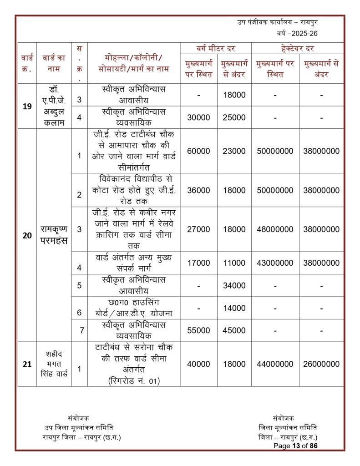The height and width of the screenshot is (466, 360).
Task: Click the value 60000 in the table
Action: (198, 151)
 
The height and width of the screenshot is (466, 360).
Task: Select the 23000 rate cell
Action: (234, 151)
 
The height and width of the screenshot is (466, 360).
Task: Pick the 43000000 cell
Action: (275, 263)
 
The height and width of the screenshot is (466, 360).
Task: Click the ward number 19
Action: (27, 106)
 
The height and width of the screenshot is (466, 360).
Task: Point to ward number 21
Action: (27, 364)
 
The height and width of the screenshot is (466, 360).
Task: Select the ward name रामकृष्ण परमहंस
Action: (54, 235)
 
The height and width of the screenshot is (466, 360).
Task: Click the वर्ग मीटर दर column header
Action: (216, 48)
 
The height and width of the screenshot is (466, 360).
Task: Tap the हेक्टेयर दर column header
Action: (298, 48)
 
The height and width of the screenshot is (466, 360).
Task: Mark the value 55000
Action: (198, 330)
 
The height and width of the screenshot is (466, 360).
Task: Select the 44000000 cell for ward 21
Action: (275, 364)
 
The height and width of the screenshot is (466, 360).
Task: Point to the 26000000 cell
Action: (321, 364)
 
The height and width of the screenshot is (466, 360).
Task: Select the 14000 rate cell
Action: (234, 308)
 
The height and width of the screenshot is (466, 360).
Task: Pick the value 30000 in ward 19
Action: (198, 117)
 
